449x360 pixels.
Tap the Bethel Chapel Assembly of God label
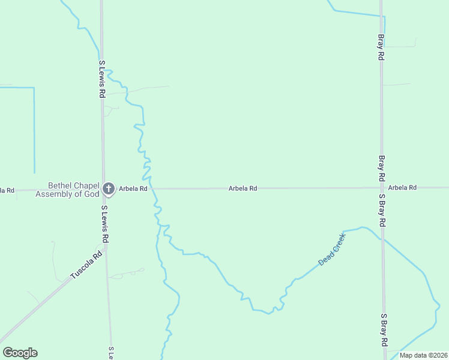65,190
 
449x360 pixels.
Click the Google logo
20,353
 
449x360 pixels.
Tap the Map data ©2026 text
423,355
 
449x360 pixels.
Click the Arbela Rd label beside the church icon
133,188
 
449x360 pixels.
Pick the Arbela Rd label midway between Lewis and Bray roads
243,188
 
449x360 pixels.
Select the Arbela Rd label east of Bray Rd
402,188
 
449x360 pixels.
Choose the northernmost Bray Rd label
381,46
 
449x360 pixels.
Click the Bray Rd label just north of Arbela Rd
381,169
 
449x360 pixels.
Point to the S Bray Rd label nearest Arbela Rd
382,210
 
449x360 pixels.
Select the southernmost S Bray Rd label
383,330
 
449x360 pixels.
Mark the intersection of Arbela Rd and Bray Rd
381,188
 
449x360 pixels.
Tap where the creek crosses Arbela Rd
152,188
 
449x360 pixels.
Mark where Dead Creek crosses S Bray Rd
382,238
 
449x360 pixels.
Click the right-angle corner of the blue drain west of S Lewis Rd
34,88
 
